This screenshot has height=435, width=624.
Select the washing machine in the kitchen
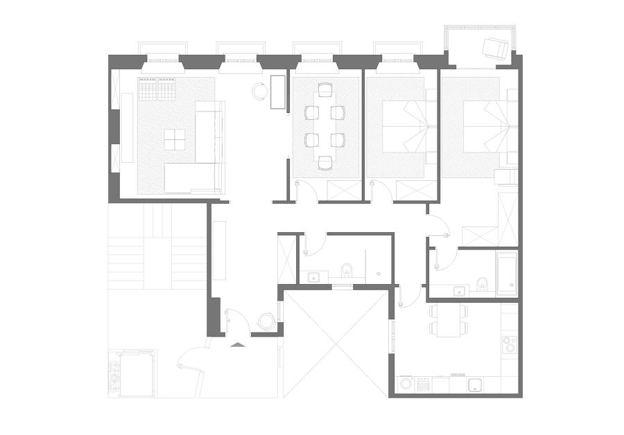(x=406, y=383)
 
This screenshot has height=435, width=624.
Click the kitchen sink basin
(x=475, y=384)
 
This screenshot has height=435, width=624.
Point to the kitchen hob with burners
(x=510, y=344)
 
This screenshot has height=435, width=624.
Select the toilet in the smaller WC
(x=346, y=269)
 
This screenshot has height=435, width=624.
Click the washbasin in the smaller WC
(x=314, y=277)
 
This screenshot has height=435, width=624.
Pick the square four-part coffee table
(x=175, y=139)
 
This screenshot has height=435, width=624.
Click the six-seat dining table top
(x=324, y=126)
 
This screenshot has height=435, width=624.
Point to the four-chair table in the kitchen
(x=449, y=319)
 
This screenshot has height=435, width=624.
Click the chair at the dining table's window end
(x=324, y=90)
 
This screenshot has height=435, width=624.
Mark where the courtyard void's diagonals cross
(x=336, y=341)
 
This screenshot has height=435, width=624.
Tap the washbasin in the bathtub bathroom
(x=459, y=291)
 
